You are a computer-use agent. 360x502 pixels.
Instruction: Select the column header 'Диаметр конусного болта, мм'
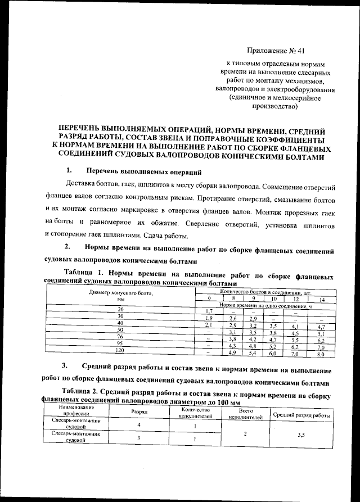click(x=121, y=296)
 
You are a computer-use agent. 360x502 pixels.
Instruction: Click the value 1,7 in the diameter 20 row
click(x=209, y=311)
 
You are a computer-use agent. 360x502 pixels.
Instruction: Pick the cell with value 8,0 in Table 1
click(x=321, y=355)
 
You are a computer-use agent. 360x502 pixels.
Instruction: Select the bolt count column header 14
click(x=321, y=299)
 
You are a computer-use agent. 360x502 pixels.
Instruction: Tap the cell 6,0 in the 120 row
click(x=273, y=354)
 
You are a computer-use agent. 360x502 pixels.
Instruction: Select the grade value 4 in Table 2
click(x=139, y=426)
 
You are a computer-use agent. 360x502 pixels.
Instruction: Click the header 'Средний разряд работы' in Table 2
click(x=301, y=415)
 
